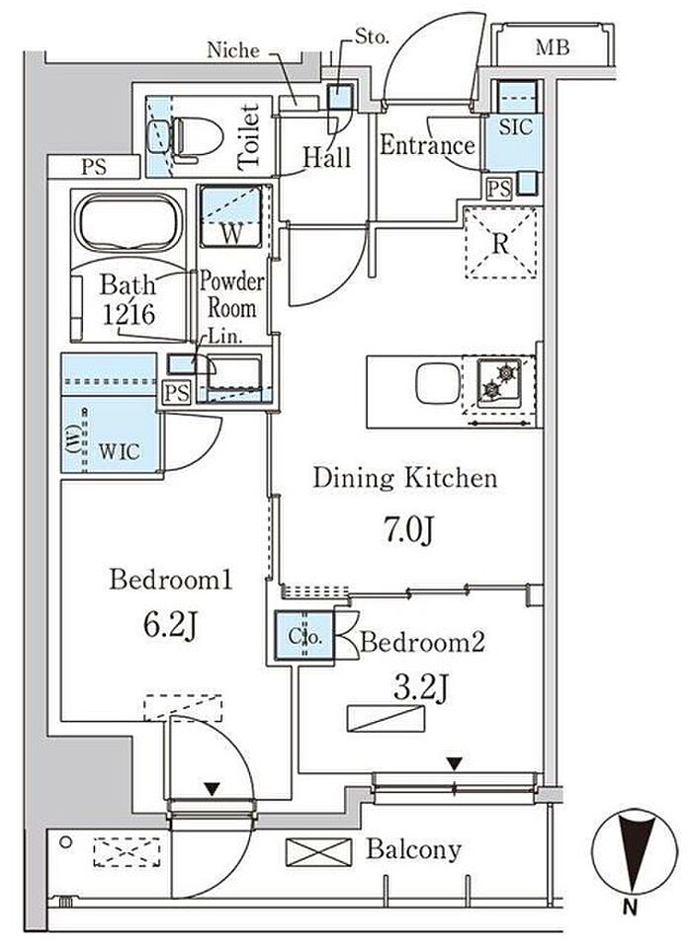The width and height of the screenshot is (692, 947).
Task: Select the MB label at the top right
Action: point(553,47)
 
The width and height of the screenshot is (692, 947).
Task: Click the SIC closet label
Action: point(515,126)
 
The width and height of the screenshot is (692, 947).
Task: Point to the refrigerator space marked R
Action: point(500,243)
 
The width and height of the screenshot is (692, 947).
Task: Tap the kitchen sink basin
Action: point(438,383)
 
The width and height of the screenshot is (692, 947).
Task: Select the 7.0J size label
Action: point(408,531)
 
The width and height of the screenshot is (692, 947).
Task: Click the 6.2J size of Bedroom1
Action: point(170,626)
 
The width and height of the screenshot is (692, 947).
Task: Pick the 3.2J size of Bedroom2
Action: point(421,687)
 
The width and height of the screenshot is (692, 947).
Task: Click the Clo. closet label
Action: point(304,637)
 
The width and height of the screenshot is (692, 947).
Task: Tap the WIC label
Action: point(119,451)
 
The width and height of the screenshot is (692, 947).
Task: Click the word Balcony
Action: point(413,850)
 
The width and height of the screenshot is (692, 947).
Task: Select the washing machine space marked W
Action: point(231,216)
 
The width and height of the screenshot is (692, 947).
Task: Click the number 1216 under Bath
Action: point(129,313)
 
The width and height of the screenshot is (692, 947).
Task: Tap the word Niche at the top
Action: point(232,50)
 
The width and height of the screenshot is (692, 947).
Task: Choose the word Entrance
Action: point(427,145)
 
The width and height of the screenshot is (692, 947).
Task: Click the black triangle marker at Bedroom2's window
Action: point(455,764)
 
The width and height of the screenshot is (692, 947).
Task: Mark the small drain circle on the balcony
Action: point(66,841)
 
